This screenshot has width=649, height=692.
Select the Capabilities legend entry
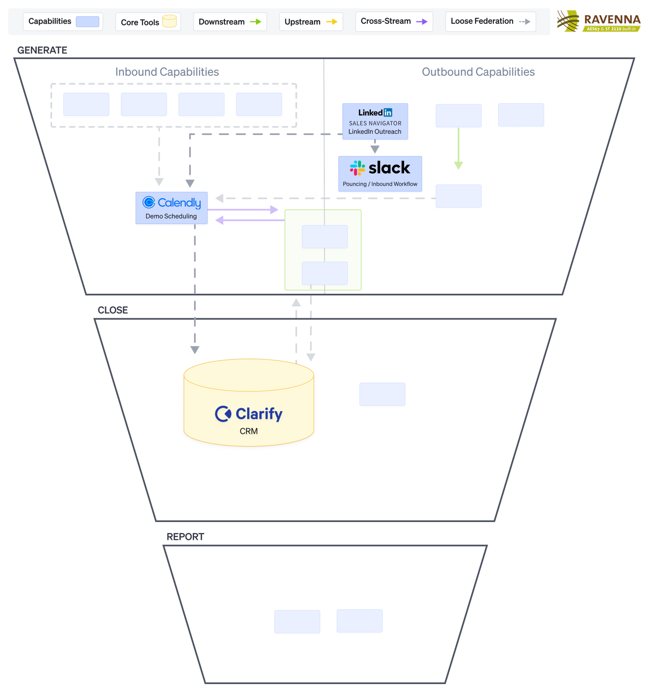pyautogui.click(x=63, y=21)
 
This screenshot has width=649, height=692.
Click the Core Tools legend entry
pyautogui.click(x=148, y=22)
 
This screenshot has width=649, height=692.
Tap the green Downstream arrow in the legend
pyautogui.click(x=255, y=22)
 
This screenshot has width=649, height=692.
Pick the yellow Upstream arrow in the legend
pyautogui.click(x=332, y=22)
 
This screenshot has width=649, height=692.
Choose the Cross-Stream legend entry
pyautogui.click(x=394, y=21)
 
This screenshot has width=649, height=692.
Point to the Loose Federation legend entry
pyautogui.click(x=490, y=21)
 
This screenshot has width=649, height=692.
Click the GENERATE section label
pyautogui.click(x=43, y=50)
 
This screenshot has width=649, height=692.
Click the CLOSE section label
pyautogui.click(x=113, y=310)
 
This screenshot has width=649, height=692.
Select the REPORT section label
pyautogui.click(x=185, y=536)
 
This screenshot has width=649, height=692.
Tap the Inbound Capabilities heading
pyautogui.click(x=167, y=72)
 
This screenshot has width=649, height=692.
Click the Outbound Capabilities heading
pyautogui.click(x=478, y=72)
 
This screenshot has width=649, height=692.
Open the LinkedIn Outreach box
pyautogui.click(x=375, y=121)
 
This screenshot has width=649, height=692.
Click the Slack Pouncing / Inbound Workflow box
pyautogui.click(x=380, y=174)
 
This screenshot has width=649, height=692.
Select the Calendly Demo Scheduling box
pyautogui.click(x=171, y=208)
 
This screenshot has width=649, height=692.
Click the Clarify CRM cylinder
pyautogui.click(x=249, y=407)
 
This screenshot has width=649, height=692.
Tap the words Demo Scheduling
pyautogui.click(x=171, y=216)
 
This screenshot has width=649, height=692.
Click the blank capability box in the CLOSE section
pyautogui.click(x=382, y=394)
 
